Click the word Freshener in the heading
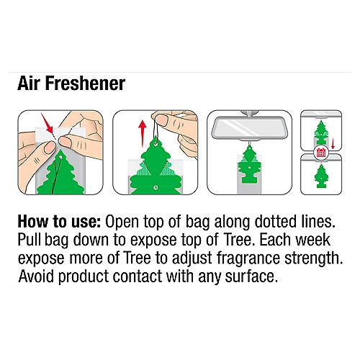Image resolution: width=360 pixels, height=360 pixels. pyautogui.click(x=86, y=84)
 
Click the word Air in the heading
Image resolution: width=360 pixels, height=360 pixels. pyautogui.click(x=28, y=84)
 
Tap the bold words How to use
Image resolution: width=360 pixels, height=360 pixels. pyautogui.click(x=60, y=222)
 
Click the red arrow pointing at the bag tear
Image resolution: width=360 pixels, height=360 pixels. pyautogui.click(x=47, y=123)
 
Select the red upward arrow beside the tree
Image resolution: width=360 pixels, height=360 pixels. pyautogui.click(x=143, y=133)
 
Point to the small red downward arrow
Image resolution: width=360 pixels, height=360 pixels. pyautogui.click(x=333, y=143)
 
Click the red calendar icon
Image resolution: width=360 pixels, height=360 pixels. pyautogui.click(x=321, y=152)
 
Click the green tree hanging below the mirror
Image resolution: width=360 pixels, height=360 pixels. pyautogui.click(x=249, y=165)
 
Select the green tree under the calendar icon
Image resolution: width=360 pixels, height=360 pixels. pyautogui.click(x=321, y=176)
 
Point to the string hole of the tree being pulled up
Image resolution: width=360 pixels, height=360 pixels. pyautogui.click(x=156, y=144)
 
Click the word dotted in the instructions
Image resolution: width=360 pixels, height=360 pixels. pyautogui.click(x=275, y=222)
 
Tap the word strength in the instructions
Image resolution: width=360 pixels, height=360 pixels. pyautogui.click(x=313, y=258)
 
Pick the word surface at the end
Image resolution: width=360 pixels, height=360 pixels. pyautogui.click(x=251, y=276)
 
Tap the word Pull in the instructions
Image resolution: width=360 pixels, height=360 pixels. pyautogui.click(x=30, y=240)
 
